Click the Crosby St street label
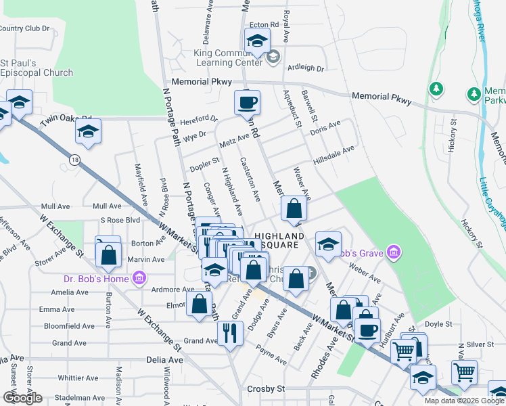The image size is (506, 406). point(266,389)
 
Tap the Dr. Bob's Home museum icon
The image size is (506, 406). point(139,277)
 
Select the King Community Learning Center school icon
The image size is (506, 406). point(273,56)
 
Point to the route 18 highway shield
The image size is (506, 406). point(73,158)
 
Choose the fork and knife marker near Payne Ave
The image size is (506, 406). point(229,332)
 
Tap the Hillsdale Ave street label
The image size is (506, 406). point(333,156)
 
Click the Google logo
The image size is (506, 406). point(22,398)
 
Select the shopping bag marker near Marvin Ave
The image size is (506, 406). point(108,255)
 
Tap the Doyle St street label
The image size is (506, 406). point(438,325)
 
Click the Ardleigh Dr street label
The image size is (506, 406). point(306,68)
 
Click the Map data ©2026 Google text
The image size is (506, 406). point(464,401)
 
